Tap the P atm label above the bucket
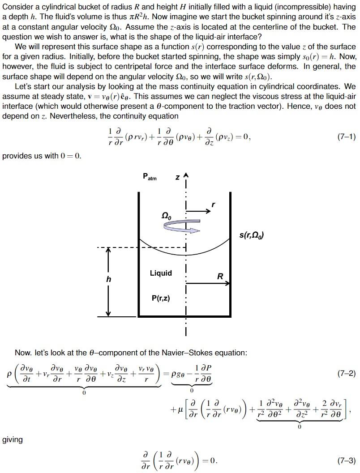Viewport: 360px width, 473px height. pos(150,177)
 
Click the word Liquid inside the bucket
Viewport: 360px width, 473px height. pos(161,273)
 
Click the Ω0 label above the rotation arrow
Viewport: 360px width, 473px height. pos(166,216)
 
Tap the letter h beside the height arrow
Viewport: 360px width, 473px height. pos(108,279)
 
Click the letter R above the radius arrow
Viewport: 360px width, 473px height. pos(220,277)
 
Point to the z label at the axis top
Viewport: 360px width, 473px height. pos(177,178)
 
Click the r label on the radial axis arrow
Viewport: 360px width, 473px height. pos(213,205)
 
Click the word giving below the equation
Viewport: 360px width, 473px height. pos(13,439)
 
